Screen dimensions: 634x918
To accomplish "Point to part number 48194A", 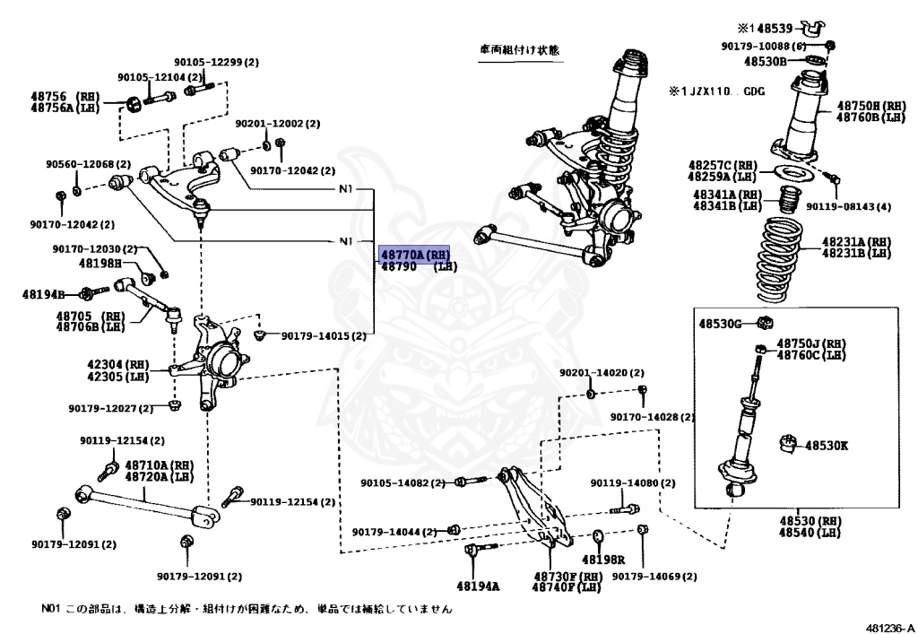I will coord(482,586).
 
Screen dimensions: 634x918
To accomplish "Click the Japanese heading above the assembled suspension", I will coord(518,51).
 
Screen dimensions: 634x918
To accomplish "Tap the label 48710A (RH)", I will coord(159,465).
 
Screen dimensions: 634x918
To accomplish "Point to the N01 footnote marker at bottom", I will coord(50,609).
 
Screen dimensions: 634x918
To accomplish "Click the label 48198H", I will coord(98,264).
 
